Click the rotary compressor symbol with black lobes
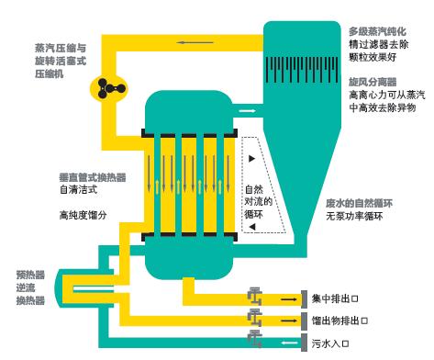[108, 89]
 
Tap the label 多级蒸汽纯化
[377, 31]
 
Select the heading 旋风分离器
[373, 82]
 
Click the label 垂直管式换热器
[93, 177]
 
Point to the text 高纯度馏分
[83, 215]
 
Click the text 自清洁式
[78, 190]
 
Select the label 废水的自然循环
[359, 203]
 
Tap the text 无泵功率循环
[354, 216]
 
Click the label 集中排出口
[335, 298]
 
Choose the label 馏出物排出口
[339, 321]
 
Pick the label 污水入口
[330, 343]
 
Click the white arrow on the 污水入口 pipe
[289, 343]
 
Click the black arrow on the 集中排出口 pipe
[289, 299]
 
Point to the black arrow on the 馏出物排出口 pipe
[289, 321]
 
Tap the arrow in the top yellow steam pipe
[195, 42]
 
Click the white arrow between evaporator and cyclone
[247, 110]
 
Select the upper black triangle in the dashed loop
[251, 159]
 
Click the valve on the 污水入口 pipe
[255, 339]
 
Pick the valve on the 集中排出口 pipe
[255, 296]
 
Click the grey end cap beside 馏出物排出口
[304, 321]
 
